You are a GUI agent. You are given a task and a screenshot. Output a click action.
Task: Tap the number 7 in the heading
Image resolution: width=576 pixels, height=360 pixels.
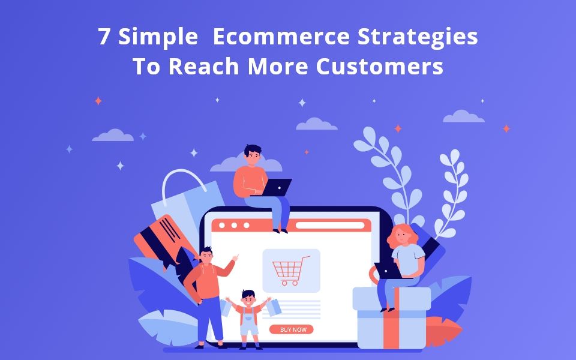pos(104,37)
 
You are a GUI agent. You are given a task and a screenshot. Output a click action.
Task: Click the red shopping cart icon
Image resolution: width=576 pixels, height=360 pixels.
pos(291,270)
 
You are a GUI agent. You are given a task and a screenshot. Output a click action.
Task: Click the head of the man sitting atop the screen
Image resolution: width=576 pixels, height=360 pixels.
pos(253,155)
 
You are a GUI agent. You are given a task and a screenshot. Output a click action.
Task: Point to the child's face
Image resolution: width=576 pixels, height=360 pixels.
pos(248,298)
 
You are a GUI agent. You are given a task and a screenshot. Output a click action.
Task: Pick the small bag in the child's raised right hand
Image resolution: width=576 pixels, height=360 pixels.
pos(273,308)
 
